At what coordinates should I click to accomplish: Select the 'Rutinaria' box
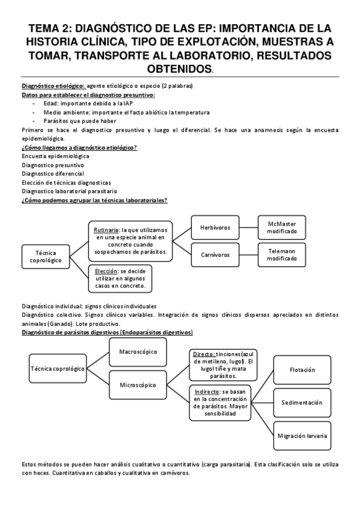(x=131, y=241)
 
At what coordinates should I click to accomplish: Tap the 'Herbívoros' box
(x=215, y=227)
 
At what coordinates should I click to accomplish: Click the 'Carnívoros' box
(x=215, y=254)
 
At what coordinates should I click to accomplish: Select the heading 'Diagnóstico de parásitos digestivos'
(x=107, y=332)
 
